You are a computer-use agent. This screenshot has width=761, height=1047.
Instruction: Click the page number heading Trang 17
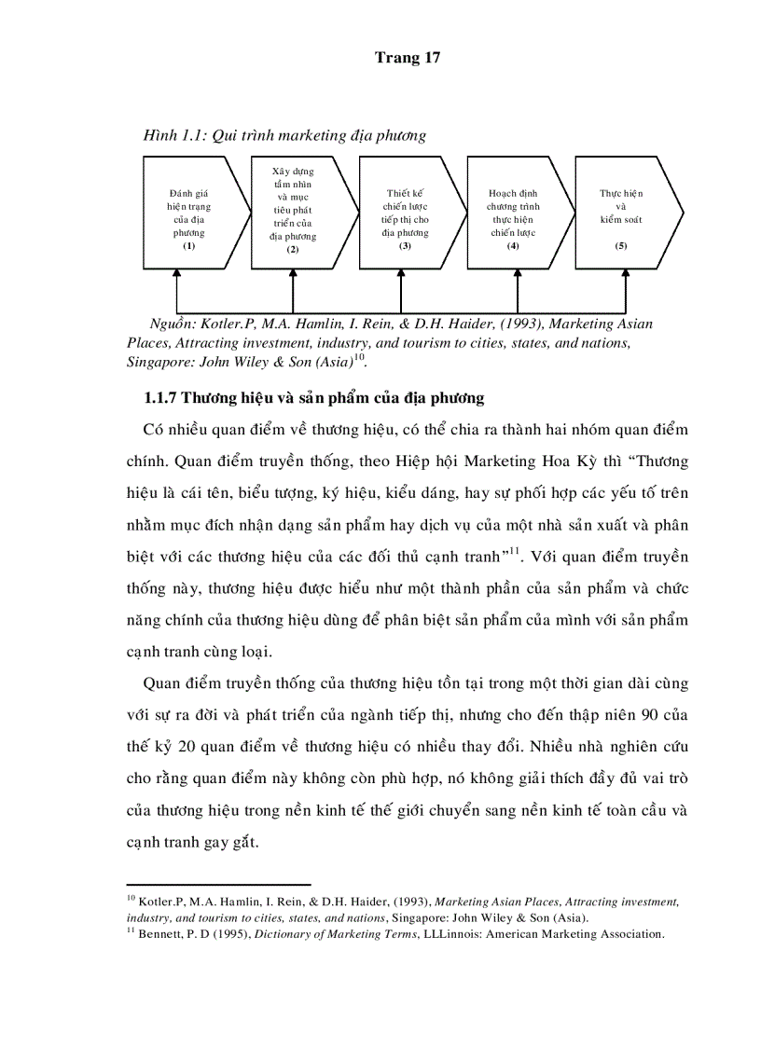407,58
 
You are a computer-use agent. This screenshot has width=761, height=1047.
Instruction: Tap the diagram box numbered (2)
293,212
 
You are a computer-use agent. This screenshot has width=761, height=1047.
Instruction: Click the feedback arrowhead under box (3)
402,272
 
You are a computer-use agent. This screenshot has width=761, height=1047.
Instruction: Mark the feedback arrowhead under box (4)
517,272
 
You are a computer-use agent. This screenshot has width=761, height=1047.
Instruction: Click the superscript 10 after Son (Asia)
359,358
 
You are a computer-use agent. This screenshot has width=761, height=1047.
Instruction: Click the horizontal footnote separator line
218,884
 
